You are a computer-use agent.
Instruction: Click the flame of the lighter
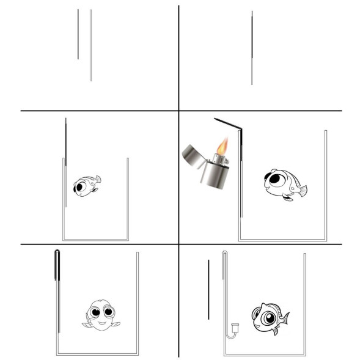[x=222, y=147]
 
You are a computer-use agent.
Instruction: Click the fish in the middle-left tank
[x=86, y=185]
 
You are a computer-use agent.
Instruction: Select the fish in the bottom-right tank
[x=268, y=317]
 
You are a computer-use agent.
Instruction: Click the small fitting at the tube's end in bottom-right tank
[x=232, y=329]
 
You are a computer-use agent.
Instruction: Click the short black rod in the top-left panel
[x=78, y=34]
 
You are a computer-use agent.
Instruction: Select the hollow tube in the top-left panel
[x=90, y=45]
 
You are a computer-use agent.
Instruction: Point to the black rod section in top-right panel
[x=252, y=34]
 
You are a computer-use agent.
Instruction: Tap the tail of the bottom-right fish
[x=284, y=317]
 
